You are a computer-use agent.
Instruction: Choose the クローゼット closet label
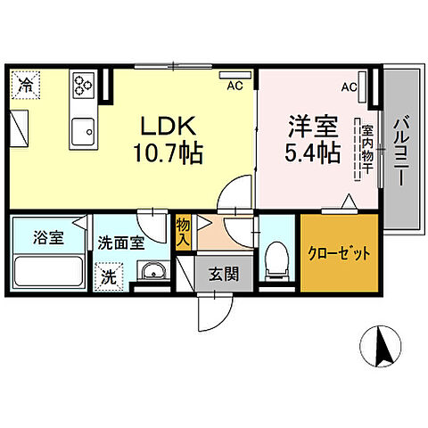[340, 253]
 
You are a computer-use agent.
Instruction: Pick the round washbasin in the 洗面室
[151, 271]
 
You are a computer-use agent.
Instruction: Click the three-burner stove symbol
[84, 86]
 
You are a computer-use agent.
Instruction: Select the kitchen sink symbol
[84, 131]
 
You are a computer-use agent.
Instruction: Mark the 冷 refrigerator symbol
[28, 86]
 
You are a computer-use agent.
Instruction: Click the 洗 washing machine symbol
[108, 276]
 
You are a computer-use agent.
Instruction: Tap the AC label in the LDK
[234, 86]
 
